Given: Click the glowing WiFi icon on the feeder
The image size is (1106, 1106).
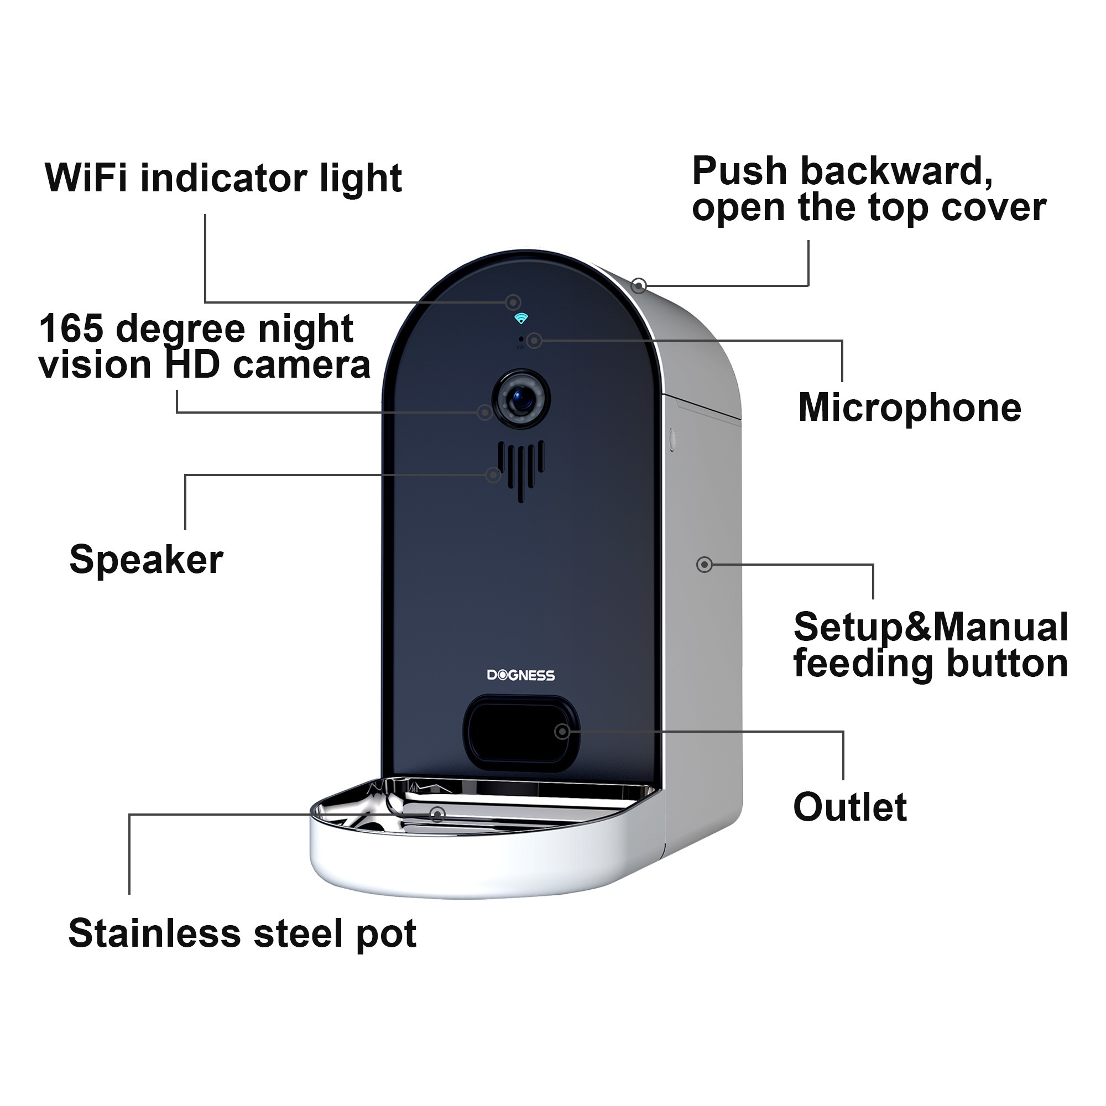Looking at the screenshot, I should (x=520, y=319).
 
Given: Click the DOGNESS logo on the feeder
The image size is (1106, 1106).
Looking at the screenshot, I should (x=520, y=676).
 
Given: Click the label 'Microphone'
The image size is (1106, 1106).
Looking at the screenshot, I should (x=909, y=408).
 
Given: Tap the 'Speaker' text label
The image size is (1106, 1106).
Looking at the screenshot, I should (x=146, y=559).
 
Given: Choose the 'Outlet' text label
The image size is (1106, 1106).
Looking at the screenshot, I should (x=849, y=807).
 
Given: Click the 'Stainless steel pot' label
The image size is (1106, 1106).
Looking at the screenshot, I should (x=242, y=933).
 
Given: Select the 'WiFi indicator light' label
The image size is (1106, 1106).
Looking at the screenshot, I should (x=223, y=178).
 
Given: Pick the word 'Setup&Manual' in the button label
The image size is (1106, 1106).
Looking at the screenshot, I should (x=930, y=627).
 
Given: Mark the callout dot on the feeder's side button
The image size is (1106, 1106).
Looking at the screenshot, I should (x=704, y=565).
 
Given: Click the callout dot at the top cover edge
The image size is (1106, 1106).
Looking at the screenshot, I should (x=639, y=285).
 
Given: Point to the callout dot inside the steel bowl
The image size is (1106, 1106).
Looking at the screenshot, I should (x=437, y=814).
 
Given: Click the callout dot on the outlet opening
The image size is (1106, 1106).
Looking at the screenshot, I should (x=562, y=731).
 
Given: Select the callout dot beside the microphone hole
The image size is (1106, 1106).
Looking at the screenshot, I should (x=534, y=341).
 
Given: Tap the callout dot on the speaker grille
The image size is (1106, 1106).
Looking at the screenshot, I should (x=493, y=474).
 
